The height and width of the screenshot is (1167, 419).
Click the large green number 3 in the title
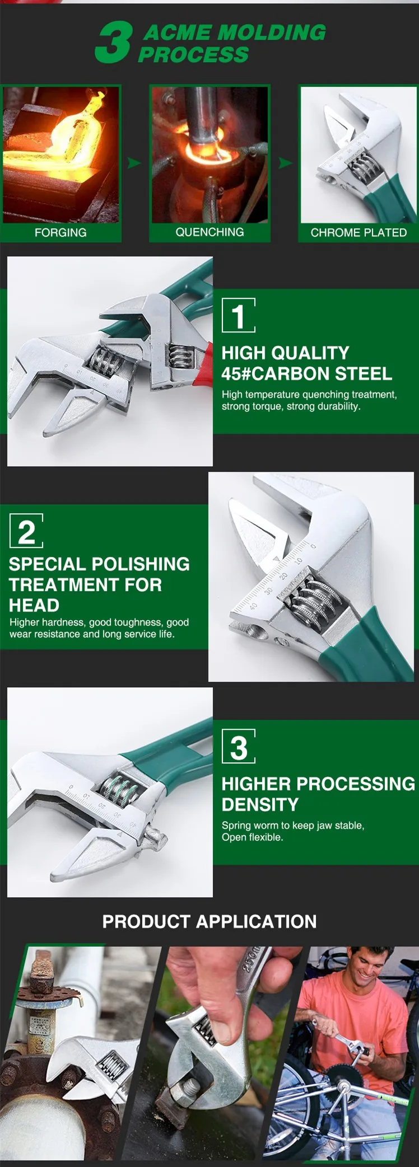click(114, 42)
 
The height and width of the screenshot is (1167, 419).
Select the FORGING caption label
click(60, 232)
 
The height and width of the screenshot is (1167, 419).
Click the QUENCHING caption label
click(209, 232)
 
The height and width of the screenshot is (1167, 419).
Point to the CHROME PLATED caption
click(359, 232)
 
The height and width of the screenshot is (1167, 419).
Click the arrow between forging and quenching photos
click(134, 163)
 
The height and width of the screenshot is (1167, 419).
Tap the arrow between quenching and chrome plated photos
click(285, 163)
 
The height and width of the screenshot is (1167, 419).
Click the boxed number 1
click(239, 315)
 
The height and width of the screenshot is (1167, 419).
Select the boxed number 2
click(26, 531)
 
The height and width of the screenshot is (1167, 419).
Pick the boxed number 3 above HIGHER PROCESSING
click(239, 746)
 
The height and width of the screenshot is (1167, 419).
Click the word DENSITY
click(260, 804)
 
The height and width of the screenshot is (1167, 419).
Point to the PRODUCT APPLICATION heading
click(209, 921)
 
